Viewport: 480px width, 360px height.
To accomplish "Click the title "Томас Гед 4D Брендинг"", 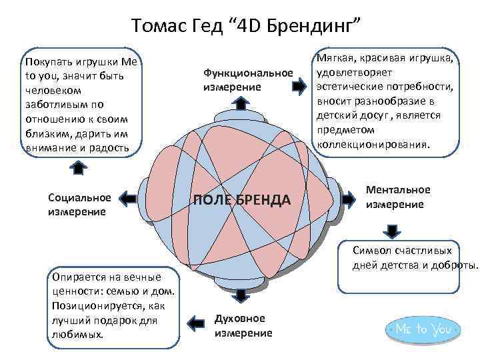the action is tap(246, 25).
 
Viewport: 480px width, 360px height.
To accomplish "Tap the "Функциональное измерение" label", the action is tap(248, 80).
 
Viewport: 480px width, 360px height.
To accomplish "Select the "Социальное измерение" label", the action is tap(79, 205).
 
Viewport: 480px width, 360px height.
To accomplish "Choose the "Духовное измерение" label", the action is tap(243, 325).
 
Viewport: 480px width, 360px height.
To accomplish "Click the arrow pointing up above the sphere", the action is tap(240, 103).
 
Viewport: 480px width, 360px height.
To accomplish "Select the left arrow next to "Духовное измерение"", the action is tap(195, 323).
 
